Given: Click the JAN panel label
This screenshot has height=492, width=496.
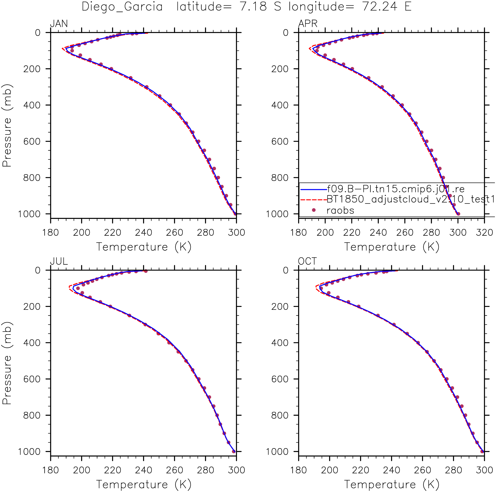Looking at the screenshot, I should coord(59,24).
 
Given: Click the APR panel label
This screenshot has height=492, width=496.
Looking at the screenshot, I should coord(308,24).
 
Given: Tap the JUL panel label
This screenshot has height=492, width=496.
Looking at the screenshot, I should coord(59,261).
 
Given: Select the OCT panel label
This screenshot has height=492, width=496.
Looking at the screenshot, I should coord(307,261).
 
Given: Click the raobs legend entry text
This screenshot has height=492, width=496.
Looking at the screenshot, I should coord(340,211).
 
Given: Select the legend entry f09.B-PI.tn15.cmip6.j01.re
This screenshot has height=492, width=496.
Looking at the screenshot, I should coord(395,189).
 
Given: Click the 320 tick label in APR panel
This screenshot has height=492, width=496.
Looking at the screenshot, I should coord(484,233).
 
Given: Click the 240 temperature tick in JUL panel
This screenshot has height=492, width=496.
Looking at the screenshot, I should coord(144,470).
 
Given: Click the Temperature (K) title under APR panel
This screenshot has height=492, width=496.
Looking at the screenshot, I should coord(392,247).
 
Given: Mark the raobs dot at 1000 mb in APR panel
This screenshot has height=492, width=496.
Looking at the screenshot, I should coord(458,214).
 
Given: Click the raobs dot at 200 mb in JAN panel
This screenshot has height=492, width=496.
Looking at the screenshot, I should coord(111,69).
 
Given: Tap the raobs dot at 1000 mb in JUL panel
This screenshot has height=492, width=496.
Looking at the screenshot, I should coord(234,451).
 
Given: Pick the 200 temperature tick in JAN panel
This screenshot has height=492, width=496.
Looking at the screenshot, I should coord(82,233).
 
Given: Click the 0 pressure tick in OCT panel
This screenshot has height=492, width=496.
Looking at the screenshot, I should coord(285,270).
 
